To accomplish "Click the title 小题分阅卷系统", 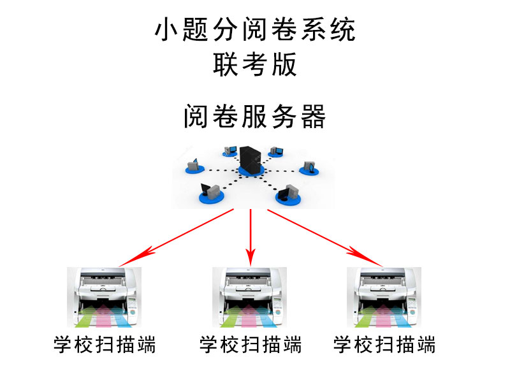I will pos(255,31).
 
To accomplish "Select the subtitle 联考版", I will pos(255,64).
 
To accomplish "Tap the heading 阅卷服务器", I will pos(255,117).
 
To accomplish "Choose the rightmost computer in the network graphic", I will pos(310,168).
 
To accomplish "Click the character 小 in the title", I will pos(166,31).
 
